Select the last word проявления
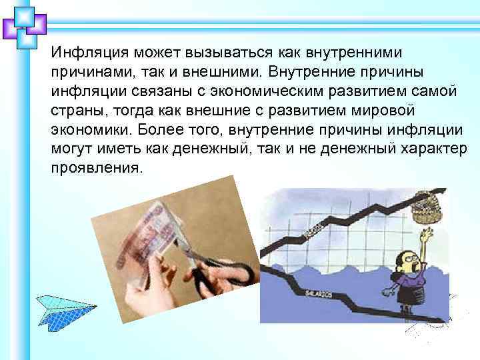pos(96,167)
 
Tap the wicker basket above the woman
pos(426,206)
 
